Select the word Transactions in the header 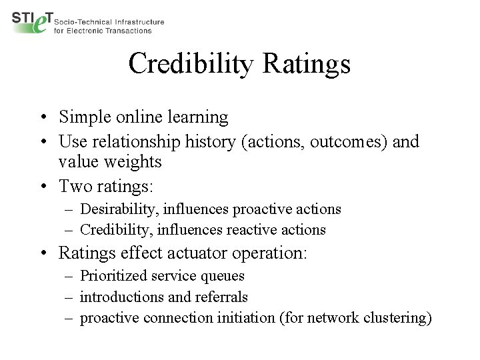[x=129, y=31]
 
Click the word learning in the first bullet [x=197, y=118]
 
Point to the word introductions [x=121, y=296]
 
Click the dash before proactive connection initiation [x=69, y=317]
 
